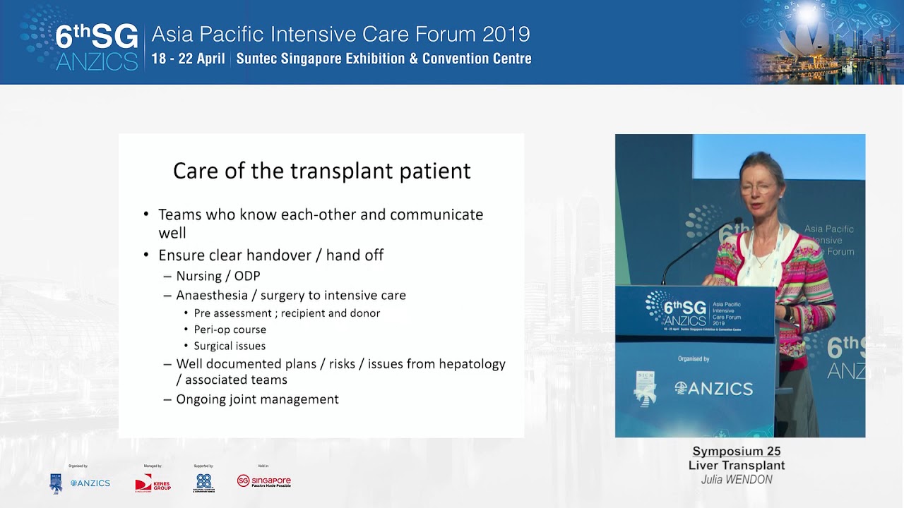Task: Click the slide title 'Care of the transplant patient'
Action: coord(321,171)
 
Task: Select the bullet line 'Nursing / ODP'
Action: coord(218,276)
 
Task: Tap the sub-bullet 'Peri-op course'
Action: coord(230,329)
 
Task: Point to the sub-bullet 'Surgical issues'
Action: coord(230,346)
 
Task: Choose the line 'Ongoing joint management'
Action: coord(257,399)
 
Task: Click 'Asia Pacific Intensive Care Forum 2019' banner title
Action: coord(340,34)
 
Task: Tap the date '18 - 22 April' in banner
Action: coord(188,59)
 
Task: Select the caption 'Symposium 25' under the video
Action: coord(736,452)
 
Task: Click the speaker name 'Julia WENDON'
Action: coord(736,480)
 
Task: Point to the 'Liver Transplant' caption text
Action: coord(736,466)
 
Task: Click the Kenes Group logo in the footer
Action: coord(153,483)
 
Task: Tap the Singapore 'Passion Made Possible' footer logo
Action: coord(264,481)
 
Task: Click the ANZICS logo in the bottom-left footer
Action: coord(90,483)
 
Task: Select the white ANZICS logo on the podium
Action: coord(713,388)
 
